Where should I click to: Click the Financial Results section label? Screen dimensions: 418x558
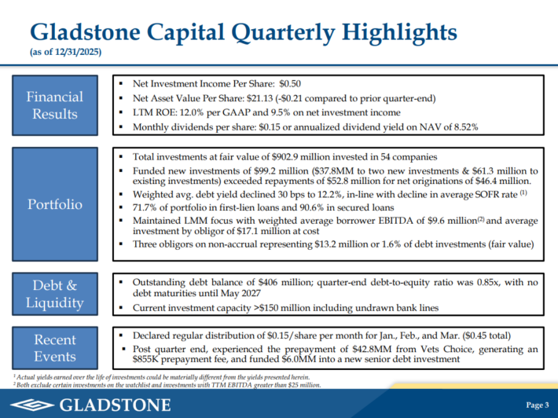pos(54,105)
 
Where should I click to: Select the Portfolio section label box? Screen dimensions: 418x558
pos(54,204)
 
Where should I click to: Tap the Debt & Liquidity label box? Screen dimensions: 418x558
pos(54,292)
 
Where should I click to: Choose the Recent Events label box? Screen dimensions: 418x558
pos(54,348)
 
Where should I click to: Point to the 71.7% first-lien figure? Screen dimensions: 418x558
pos(148,207)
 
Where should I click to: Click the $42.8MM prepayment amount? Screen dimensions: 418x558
pos(354,346)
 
